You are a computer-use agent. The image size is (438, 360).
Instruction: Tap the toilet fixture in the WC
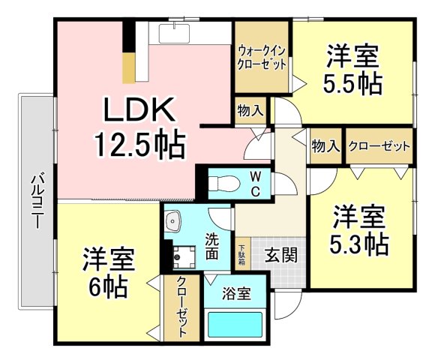[224, 184]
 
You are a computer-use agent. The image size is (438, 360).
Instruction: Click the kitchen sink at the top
[174, 34]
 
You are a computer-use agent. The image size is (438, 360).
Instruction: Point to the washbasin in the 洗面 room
[173, 221]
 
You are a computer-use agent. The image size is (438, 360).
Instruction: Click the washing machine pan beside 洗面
[184, 256]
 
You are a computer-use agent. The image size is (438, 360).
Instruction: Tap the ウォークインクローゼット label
[262, 58]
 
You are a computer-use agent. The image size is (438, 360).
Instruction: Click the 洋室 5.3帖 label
[359, 229]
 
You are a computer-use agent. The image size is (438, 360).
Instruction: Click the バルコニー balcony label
[37, 201]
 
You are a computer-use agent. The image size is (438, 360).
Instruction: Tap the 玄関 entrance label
[281, 255]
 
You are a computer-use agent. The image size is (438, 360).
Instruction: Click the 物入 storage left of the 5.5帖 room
[250, 110]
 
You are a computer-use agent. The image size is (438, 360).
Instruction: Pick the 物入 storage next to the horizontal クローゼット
[325, 145]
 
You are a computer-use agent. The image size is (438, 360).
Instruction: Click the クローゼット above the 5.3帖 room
[379, 145]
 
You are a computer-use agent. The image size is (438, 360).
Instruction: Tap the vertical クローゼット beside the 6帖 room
[181, 307]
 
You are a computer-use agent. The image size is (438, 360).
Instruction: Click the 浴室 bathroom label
[236, 293]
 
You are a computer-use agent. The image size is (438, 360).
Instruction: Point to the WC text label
[256, 184]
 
